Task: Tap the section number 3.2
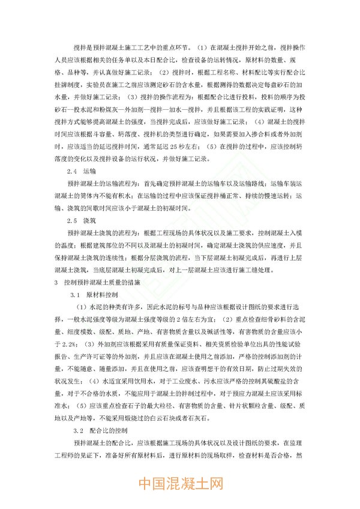click(75, 430)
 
